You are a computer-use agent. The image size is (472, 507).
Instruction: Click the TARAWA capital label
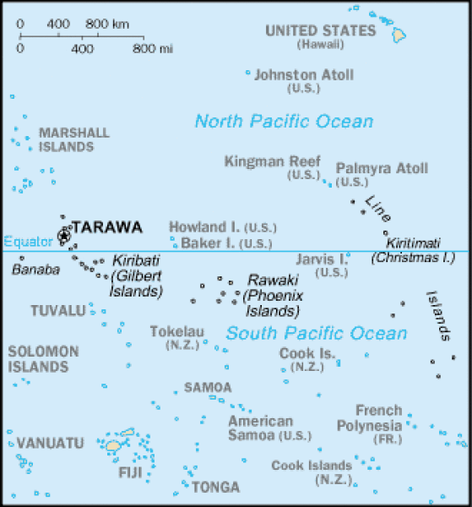tap(106, 227)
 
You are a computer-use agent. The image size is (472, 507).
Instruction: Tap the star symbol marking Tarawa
tap(63, 235)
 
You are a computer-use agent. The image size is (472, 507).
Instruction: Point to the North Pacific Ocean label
tap(284, 122)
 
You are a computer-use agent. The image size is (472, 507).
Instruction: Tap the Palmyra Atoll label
tap(382, 168)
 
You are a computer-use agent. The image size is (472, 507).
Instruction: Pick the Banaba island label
tap(36, 270)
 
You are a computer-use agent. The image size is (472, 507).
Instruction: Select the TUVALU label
tap(58, 311)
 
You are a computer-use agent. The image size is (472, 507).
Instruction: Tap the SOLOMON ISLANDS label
tap(43, 359)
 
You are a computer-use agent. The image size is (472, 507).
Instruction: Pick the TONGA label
tap(215, 488)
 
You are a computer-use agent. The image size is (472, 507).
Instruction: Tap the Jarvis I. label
tap(321, 259)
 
